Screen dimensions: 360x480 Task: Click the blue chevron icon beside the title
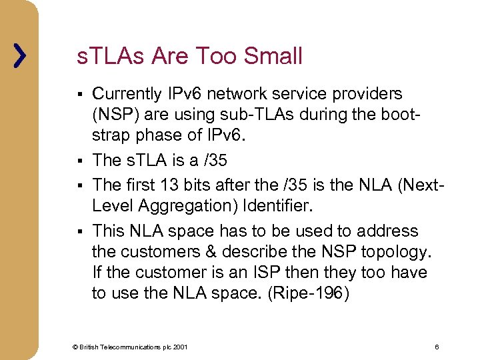tap(21, 56)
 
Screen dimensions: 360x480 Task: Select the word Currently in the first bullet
tap(127, 94)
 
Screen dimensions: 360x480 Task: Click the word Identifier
tap(275, 206)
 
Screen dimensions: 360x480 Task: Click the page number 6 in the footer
tap(436, 347)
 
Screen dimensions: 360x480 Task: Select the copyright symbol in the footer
tap(76, 347)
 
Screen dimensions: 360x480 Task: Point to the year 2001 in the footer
tap(181, 347)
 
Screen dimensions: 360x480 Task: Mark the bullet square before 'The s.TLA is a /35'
tap(79, 161)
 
